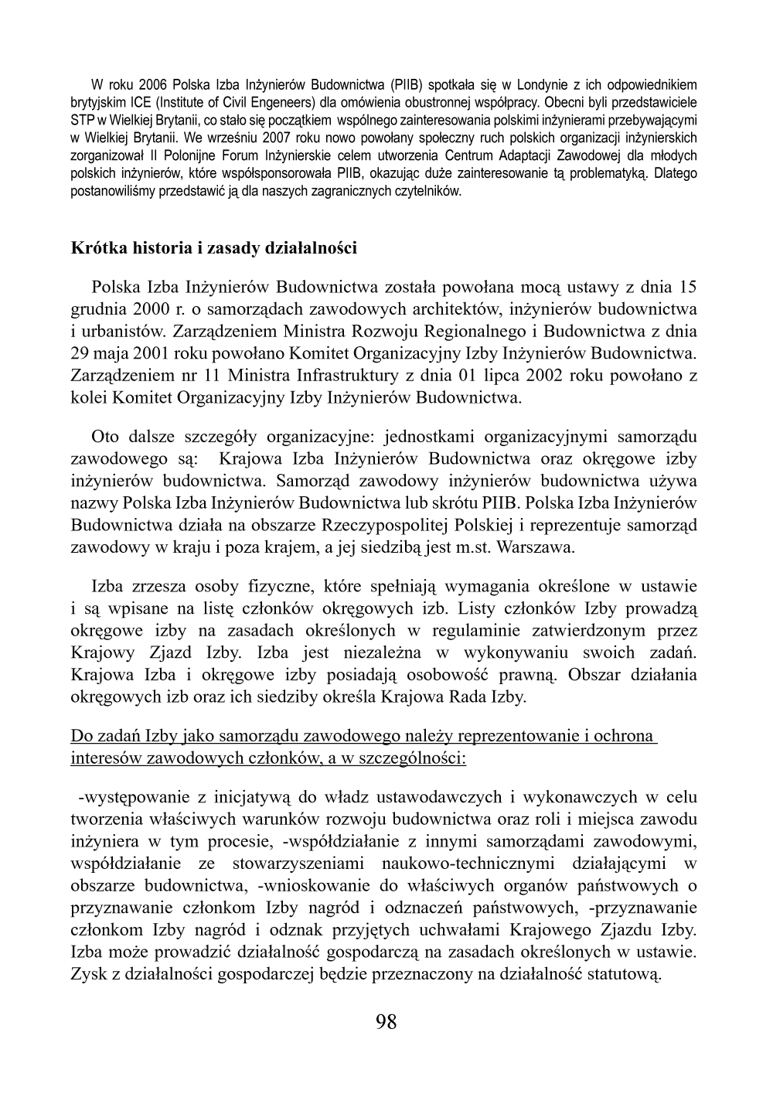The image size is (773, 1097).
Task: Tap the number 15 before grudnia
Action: [688, 288]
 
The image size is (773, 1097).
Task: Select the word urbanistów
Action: [117, 332]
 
